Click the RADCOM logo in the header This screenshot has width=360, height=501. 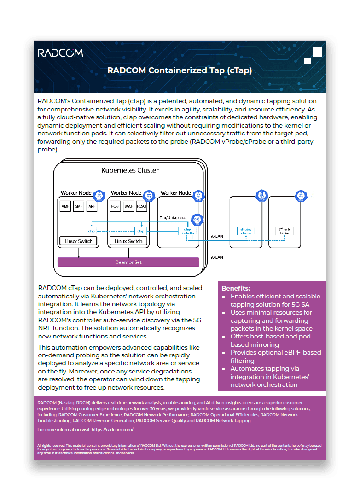[x=60, y=53]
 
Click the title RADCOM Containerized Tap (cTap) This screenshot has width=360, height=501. [x=180, y=70]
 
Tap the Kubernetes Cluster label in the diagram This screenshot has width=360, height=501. [x=130, y=170]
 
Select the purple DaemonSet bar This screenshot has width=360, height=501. [x=128, y=262]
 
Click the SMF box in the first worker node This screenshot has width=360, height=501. [x=78, y=207]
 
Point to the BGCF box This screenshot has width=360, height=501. [x=128, y=207]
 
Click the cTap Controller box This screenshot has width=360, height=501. [x=187, y=231]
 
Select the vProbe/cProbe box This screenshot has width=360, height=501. [x=246, y=231]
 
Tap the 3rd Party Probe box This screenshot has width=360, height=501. [x=285, y=231]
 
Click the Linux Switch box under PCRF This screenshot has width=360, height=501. [x=128, y=241]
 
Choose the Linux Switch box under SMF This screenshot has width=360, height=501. [x=78, y=241]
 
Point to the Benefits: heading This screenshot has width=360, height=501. [x=236, y=288]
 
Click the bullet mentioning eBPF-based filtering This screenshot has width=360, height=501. [x=275, y=356]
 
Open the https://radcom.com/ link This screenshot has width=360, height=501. [x=112, y=429]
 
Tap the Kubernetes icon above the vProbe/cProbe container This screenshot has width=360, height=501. [x=261, y=197]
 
